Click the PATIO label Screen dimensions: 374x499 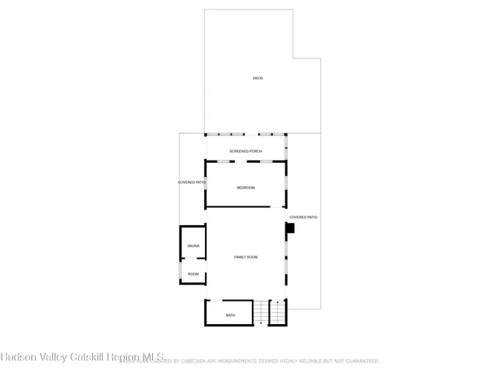[x=257, y=79]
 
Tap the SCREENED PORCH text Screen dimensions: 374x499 [x=245, y=150]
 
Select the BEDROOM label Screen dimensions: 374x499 [x=246, y=188]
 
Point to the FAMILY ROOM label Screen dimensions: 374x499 [x=246, y=257]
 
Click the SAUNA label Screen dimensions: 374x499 [x=193, y=246]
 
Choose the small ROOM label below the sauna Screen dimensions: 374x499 [x=193, y=274]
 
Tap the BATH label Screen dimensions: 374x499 [x=230, y=315]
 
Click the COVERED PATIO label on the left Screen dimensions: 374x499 [x=192, y=182]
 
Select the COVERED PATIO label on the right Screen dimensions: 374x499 [x=303, y=217]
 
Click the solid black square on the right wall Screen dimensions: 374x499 [x=289, y=228]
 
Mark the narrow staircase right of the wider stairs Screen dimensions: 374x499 [x=278, y=313]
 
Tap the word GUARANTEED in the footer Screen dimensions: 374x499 [x=359, y=362]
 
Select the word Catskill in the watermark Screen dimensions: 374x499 [x=93, y=358]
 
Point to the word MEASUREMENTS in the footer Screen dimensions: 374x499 [x=237, y=362]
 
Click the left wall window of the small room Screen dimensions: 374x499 [x=181, y=270]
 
